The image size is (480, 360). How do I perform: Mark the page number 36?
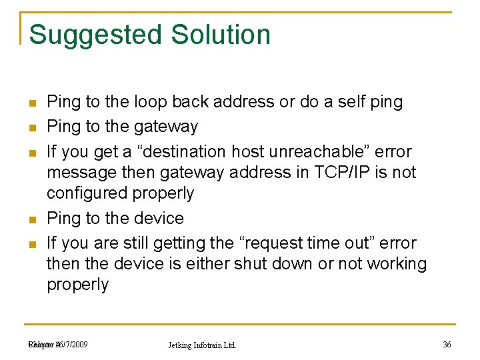(x=447, y=345)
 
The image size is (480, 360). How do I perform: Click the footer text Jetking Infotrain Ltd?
(x=202, y=345)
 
